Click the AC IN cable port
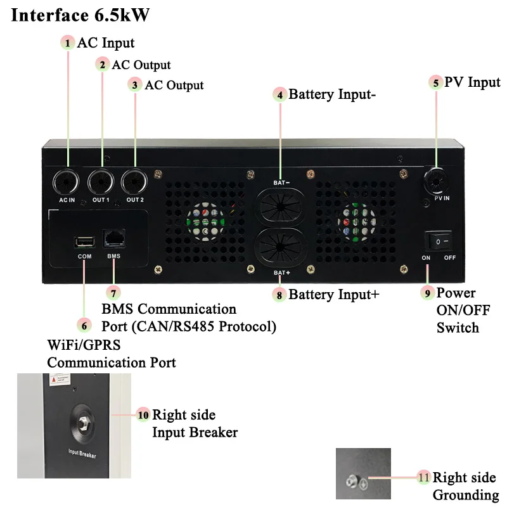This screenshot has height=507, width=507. (66, 182)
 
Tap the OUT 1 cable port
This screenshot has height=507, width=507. (101, 182)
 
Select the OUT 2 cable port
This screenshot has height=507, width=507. (134, 182)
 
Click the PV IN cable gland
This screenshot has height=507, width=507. (436, 181)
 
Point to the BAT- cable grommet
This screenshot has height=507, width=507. (280, 207)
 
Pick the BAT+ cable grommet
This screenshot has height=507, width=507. (280, 247)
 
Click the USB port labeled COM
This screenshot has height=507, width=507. (85, 242)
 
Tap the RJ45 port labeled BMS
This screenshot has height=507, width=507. (114, 238)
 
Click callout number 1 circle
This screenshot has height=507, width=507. (68, 42)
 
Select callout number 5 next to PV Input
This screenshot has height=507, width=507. (436, 83)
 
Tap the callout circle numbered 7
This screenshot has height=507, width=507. (113, 293)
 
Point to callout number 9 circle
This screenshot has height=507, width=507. (427, 293)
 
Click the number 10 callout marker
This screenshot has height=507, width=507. (143, 415)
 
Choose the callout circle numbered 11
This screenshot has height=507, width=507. (423, 477)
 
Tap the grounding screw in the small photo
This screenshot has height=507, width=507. (351, 482)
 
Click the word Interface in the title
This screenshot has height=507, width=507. (50, 15)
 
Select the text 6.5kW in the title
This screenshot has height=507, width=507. (122, 15)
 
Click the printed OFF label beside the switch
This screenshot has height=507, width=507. (450, 258)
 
